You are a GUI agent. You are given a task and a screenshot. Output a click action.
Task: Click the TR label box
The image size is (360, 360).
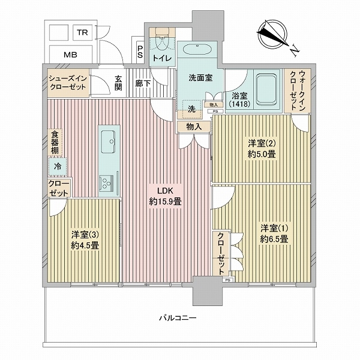(83, 32)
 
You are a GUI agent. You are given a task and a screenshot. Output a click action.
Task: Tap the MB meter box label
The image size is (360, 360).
(70, 55)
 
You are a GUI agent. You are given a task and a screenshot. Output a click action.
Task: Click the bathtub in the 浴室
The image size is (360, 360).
(267, 90)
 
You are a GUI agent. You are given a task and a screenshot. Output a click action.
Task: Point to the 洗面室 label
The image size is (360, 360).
(200, 78)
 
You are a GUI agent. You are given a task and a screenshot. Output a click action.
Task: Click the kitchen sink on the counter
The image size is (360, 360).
(108, 142)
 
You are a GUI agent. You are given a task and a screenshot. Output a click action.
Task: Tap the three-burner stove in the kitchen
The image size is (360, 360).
(106, 183)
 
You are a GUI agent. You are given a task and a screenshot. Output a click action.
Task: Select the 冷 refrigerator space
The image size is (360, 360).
(58, 166)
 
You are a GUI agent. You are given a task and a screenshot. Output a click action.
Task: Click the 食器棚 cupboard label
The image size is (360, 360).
(55, 143)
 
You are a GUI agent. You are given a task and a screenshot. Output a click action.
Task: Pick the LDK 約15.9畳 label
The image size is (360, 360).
(165, 196)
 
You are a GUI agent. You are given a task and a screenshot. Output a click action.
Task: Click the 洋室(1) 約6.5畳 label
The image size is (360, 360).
(274, 233)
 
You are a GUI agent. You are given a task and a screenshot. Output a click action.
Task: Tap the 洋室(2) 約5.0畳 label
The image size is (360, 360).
(262, 149)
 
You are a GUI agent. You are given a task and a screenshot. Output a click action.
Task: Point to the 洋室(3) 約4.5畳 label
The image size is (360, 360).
(85, 240)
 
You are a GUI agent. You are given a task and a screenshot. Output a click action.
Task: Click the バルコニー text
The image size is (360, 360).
(178, 318)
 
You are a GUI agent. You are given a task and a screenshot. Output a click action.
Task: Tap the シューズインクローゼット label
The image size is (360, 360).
(68, 83)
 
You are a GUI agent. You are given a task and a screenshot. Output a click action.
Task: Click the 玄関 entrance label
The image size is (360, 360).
(118, 83)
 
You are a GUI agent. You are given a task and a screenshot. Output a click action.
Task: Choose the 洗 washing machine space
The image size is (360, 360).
(191, 109)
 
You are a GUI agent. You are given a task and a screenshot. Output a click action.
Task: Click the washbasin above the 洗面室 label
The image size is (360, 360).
(197, 49)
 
